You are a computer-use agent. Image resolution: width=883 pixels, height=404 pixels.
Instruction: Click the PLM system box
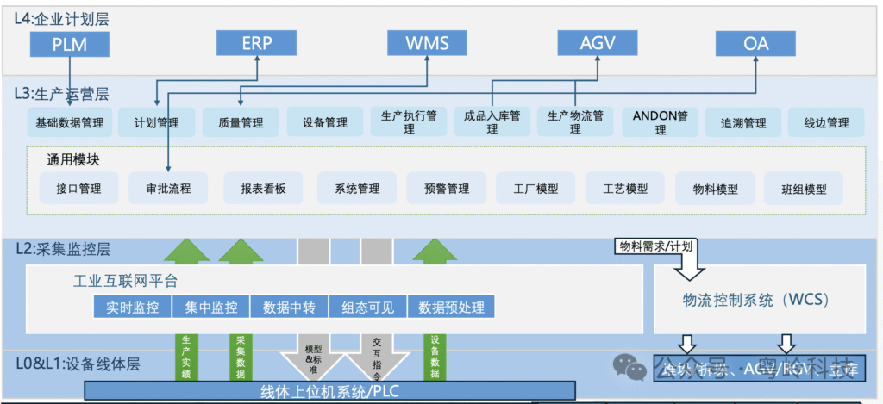[70, 43]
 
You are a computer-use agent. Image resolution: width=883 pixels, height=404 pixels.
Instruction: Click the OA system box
[756, 43]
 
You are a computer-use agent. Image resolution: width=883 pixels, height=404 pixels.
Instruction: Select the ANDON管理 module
[660, 121]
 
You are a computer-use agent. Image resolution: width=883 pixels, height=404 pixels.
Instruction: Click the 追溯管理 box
[743, 123]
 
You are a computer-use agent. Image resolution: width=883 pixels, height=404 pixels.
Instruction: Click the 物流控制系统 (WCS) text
[755, 300]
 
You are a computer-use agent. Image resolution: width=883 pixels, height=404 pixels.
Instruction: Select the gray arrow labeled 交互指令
[376, 353]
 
